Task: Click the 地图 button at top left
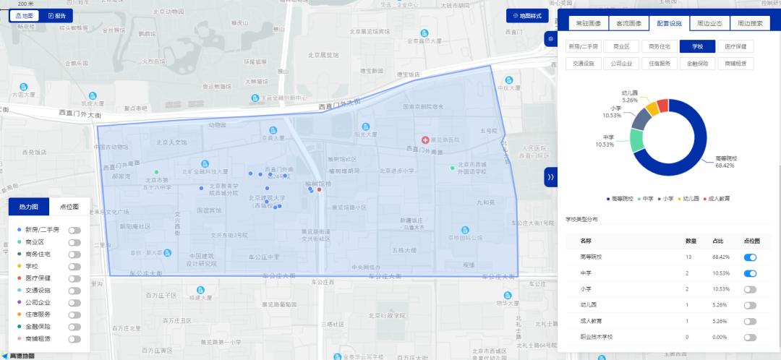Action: [x=25, y=15]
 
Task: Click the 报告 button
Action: [x=56, y=15]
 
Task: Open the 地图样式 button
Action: [x=526, y=15]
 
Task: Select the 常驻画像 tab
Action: [x=588, y=23]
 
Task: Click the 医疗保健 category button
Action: [x=739, y=46]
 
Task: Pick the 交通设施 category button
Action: [x=584, y=63]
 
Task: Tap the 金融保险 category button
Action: [x=698, y=63]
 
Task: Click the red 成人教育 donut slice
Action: [x=663, y=107]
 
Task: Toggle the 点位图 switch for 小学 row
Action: [x=750, y=288]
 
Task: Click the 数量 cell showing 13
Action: [x=691, y=257]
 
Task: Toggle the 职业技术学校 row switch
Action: [x=750, y=337]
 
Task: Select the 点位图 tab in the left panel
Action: [x=69, y=207]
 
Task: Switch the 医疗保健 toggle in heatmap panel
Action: [x=74, y=278]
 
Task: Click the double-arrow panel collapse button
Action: [x=550, y=177]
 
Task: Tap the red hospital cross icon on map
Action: [x=425, y=139]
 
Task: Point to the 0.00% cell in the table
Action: [x=719, y=337]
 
